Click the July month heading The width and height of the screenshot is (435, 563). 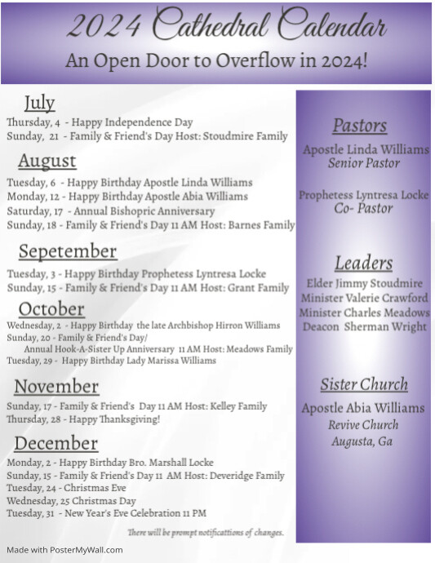[39, 103]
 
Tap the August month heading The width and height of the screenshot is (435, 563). [47, 161]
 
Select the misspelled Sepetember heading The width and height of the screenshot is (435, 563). [68, 251]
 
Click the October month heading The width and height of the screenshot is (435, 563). [51, 309]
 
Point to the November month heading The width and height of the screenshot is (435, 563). [56, 387]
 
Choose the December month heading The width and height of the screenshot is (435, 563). [55, 444]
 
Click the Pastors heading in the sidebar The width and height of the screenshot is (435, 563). [359, 126]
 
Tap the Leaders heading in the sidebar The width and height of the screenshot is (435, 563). [363, 263]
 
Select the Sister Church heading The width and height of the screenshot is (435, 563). [363, 384]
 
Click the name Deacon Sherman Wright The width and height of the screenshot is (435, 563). [363, 326]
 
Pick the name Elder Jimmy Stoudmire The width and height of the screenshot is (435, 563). [363, 283]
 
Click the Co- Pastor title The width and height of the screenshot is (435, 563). [363, 209]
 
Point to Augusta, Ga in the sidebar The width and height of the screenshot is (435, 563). [362, 441]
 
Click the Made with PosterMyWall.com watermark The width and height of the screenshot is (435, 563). [65, 550]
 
